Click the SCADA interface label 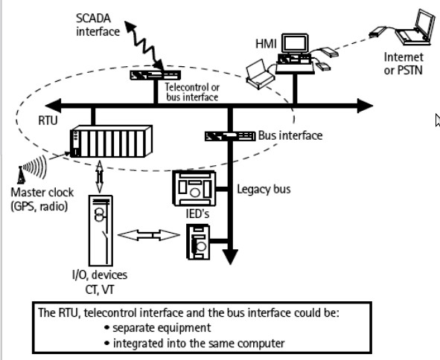point(98,25)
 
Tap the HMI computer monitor point(296,43)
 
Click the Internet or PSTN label point(404,64)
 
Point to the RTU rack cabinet point(111,141)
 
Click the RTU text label point(48,120)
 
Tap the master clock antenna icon point(21,176)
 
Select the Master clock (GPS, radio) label point(42,199)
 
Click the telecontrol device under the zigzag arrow point(155,75)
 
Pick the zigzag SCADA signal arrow point(144,45)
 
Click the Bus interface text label point(290,135)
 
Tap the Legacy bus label point(264,189)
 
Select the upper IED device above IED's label point(194,188)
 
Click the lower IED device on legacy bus point(198,242)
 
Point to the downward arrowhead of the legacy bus point(230,257)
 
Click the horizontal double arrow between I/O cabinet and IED point(149,235)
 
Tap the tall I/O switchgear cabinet point(101,231)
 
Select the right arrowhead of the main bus point(365,106)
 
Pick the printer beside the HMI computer point(260,74)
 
